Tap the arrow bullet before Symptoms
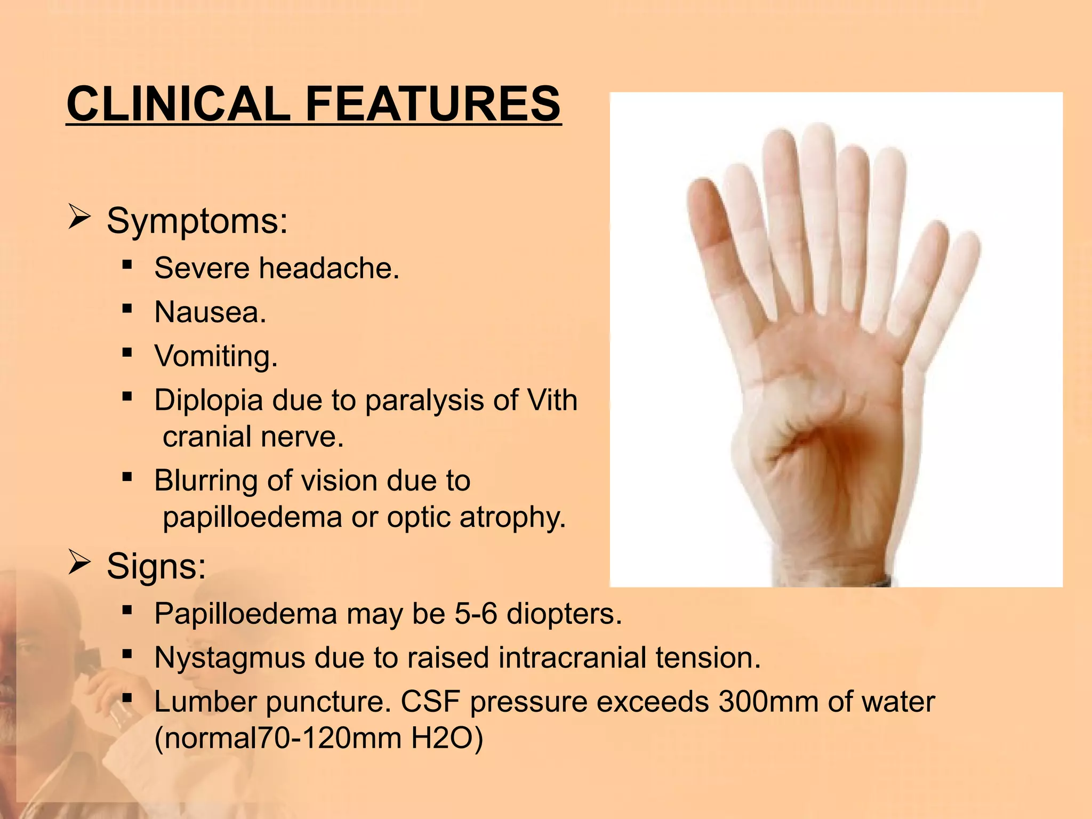coord(79,219)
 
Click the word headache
coord(328,268)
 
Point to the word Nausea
coord(210,312)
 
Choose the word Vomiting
coord(216,356)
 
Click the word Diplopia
coord(208,400)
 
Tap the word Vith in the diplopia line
coord(552,400)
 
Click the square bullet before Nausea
coord(127,309)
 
